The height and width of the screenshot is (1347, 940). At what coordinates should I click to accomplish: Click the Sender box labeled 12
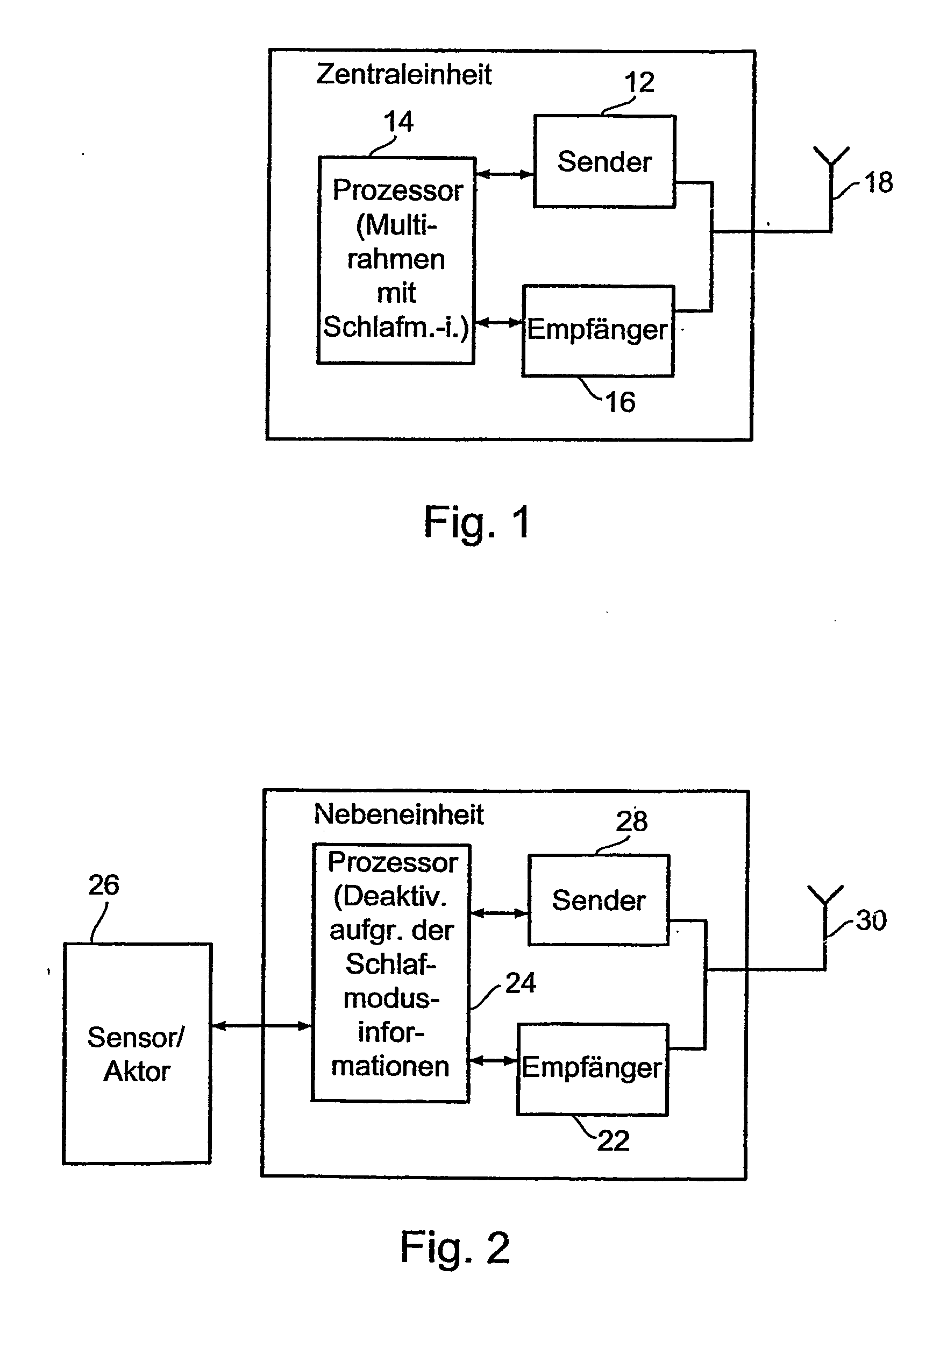coord(604,161)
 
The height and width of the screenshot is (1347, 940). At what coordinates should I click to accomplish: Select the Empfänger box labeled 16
coord(598,330)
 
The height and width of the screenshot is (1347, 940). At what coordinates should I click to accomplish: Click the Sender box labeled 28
coord(599,900)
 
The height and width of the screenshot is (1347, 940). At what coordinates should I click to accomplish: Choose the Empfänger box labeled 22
coord(592,1069)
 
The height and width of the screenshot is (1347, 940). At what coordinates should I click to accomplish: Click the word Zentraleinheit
coord(404,75)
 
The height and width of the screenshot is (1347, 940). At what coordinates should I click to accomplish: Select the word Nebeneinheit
coord(399,814)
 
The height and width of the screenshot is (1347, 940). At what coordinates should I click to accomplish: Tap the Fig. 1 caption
coord(477,523)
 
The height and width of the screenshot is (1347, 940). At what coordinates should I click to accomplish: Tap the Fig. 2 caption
coord(455,1249)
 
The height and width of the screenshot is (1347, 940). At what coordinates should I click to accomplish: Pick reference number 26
coord(104,885)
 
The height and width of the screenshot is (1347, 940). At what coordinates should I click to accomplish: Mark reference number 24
coord(521,983)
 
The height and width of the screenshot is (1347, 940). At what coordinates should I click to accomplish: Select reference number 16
coord(620,402)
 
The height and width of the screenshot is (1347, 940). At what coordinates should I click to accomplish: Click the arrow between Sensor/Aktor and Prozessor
coord(261,1025)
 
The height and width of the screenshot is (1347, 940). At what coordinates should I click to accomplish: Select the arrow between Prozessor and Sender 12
coord(504,174)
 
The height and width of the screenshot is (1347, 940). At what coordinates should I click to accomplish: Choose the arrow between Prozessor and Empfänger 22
coord(494,1060)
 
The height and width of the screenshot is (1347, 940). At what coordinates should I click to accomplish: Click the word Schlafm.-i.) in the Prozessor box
coord(396,327)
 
